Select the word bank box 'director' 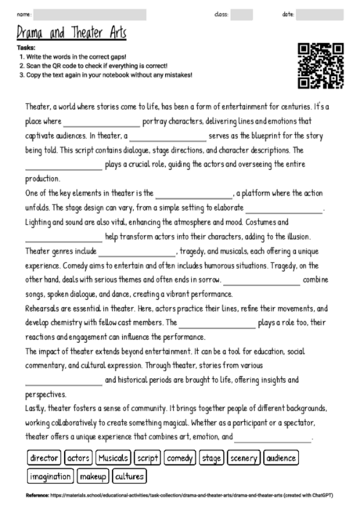pyautogui.click(x=45, y=457)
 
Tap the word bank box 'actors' pyautogui.click(x=79, y=457)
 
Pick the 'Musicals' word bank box pyautogui.click(x=113, y=457)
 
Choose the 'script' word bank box pyautogui.click(x=148, y=457)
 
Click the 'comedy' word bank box pyautogui.click(x=179, y=457)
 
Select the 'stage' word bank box pyautogui.click(x=211, y=457)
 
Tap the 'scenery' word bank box pyautogui.click(x=244, y=457)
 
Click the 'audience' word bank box pyautogui.click(x=281, y=457)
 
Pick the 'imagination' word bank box pyautogui.click(x=51, y=476)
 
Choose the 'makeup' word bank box pyautogui.click(x=93, y=476)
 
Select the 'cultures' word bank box pyautogui.click(x=129, y=476)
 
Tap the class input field pyautogui.click(x=242, y=14)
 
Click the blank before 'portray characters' pyautogui.click(x=102, y=123)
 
